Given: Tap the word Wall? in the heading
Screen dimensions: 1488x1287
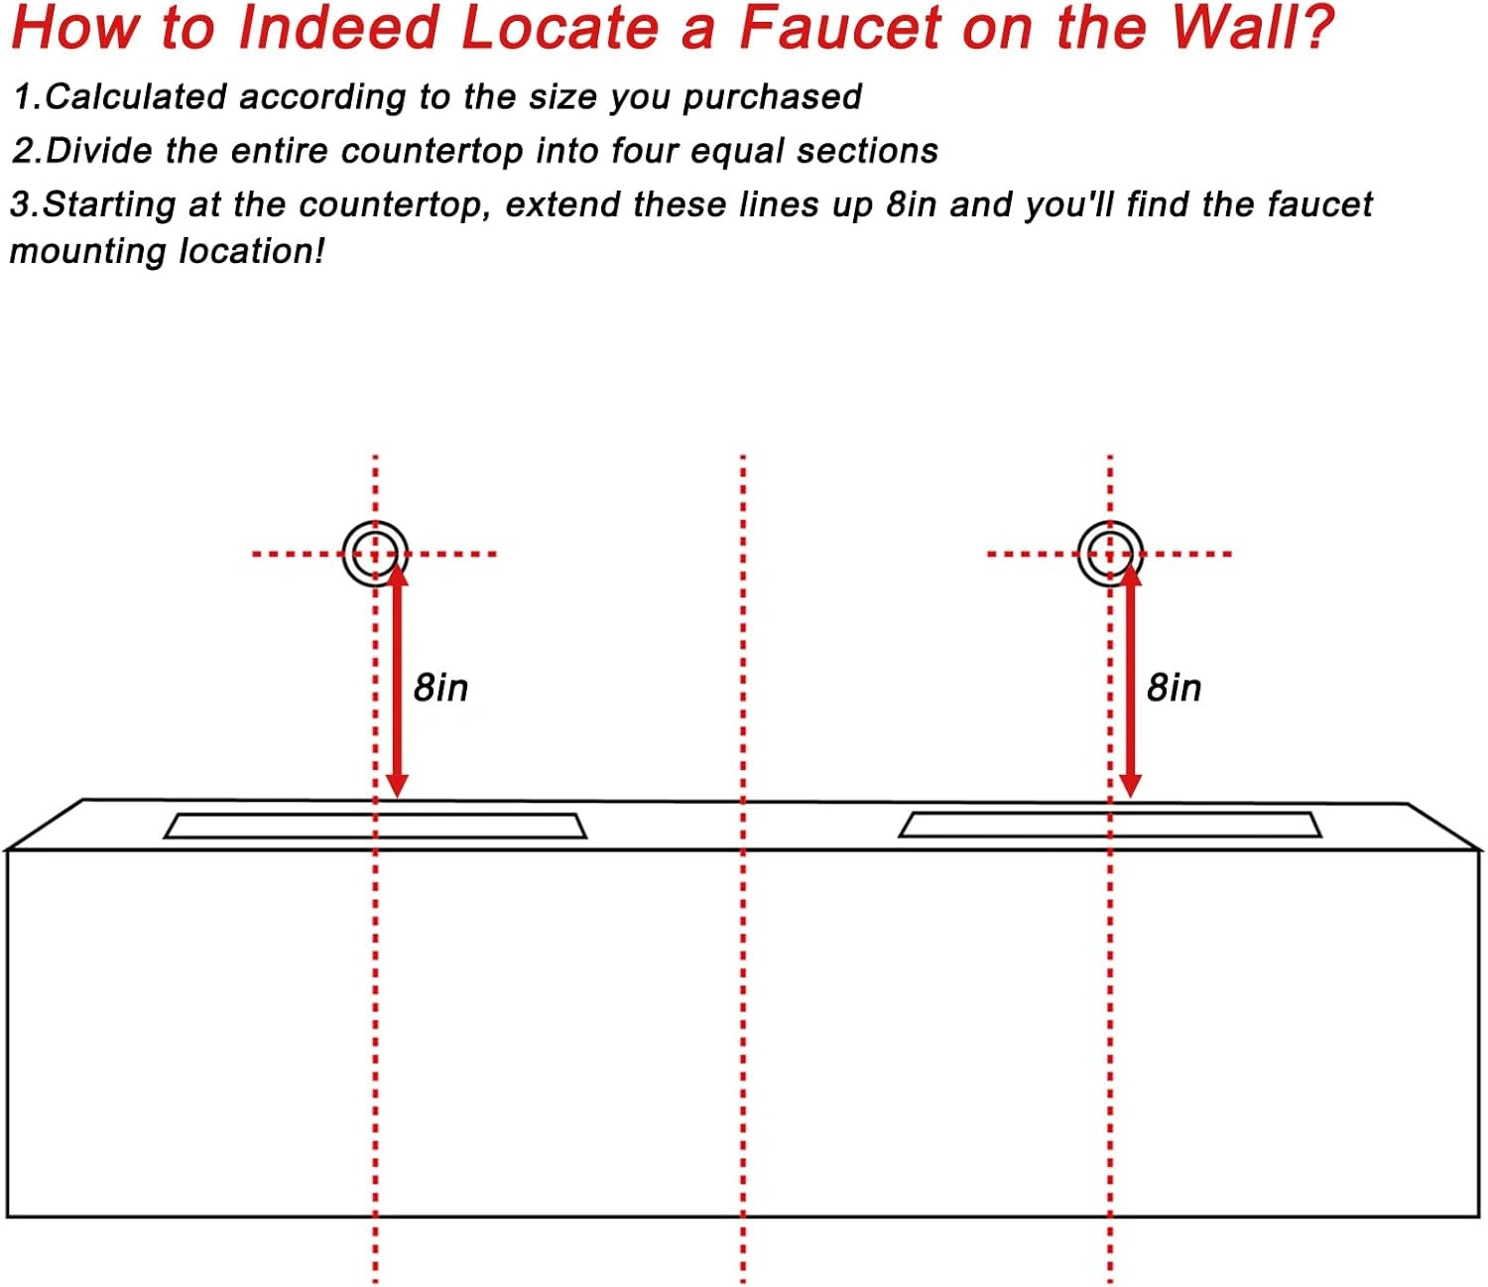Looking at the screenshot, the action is tap(1253, 28).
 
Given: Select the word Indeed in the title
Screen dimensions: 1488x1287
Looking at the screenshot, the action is tap(338, 28).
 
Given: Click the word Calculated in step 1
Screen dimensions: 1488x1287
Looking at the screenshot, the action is tap(136, 96).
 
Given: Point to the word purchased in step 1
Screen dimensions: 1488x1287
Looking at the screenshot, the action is tap(772, 98).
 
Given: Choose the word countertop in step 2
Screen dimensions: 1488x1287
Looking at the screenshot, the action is tap(432, 151).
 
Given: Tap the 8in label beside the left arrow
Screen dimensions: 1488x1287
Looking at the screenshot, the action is tap(440, 688).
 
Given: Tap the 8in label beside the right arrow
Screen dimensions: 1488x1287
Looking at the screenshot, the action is tap(1175, 688).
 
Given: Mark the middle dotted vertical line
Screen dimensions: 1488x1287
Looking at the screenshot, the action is tap(743, 868).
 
